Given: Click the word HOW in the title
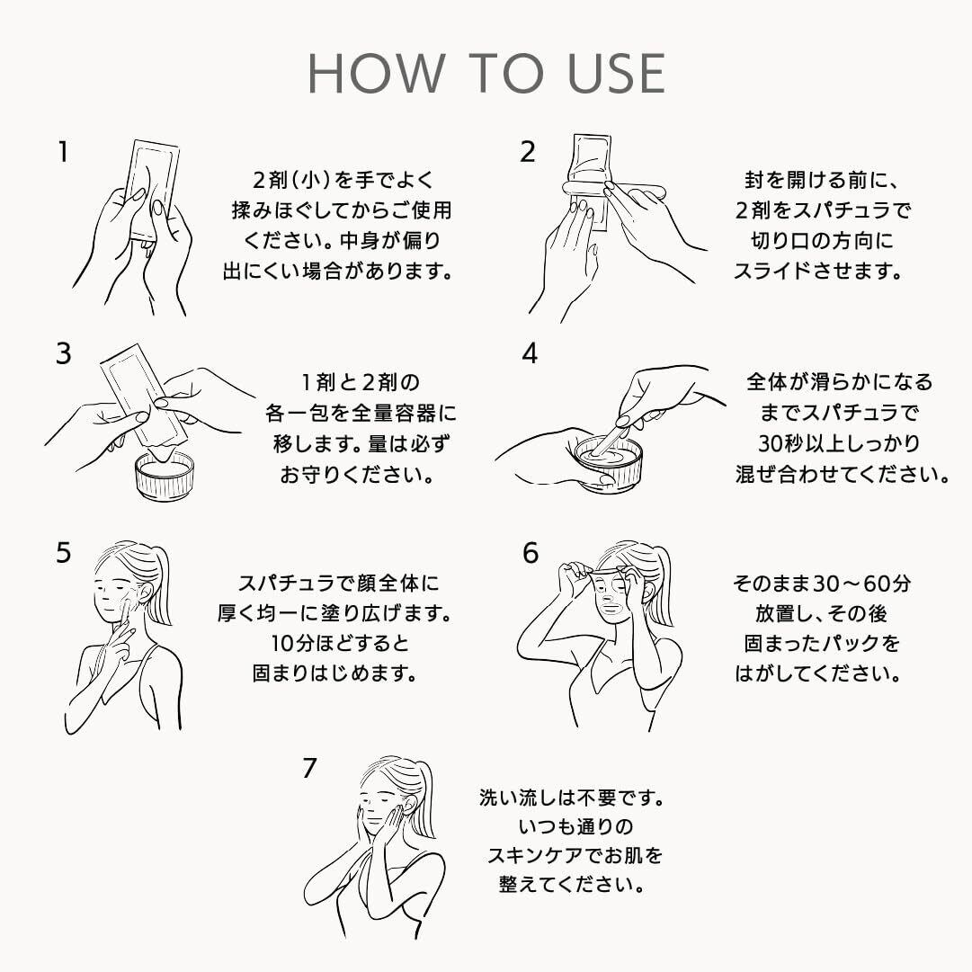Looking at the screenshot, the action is pyautogui.click(x=376, y=73).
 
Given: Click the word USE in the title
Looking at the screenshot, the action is pyautogui.click(x=616, y=73).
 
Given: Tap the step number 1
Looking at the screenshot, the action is pyautogui.click(x=63, y=152).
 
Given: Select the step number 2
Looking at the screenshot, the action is pyautogui.click(x=528, y=152).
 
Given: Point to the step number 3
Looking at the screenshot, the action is pyautogui.click(x=63, y=353).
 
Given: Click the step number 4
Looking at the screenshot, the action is pyautogui.click(x=530, y=353).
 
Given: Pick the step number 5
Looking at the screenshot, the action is pyautogui.click(x=63, y=553).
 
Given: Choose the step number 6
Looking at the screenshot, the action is pyautogui.click(x=530, y=553).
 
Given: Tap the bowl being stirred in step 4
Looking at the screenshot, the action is pyautogui.click(x=609, y=462).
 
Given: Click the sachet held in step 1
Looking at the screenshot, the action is pyautogui.click(x=153, y=189).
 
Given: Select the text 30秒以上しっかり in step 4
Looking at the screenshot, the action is pyautogui.click(x=839, y=444).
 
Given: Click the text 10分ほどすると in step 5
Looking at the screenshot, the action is pyautogui.click(x=340, y=644).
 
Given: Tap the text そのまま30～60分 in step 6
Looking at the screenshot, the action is pyautogui.click(x=822, y=584).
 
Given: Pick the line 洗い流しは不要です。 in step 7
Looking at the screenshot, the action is pyautogui.click(x=572, y=798).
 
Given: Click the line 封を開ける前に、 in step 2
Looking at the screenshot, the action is pyautogui.click(x=821, y=181).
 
